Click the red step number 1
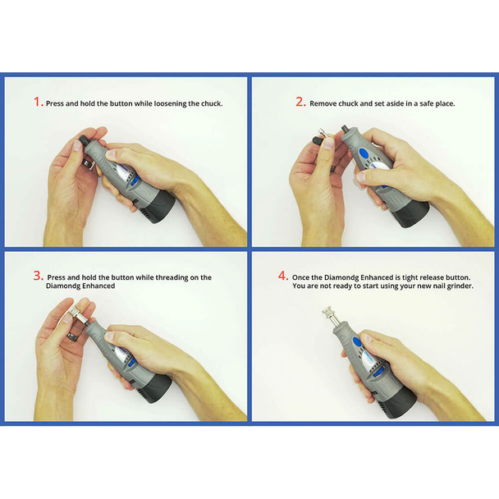(x=38, y=103)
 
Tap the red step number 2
(x=300, y=103)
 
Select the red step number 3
(x=38, y=277)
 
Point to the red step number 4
(x=283, y=276)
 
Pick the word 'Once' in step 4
(x=303, y=276)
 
